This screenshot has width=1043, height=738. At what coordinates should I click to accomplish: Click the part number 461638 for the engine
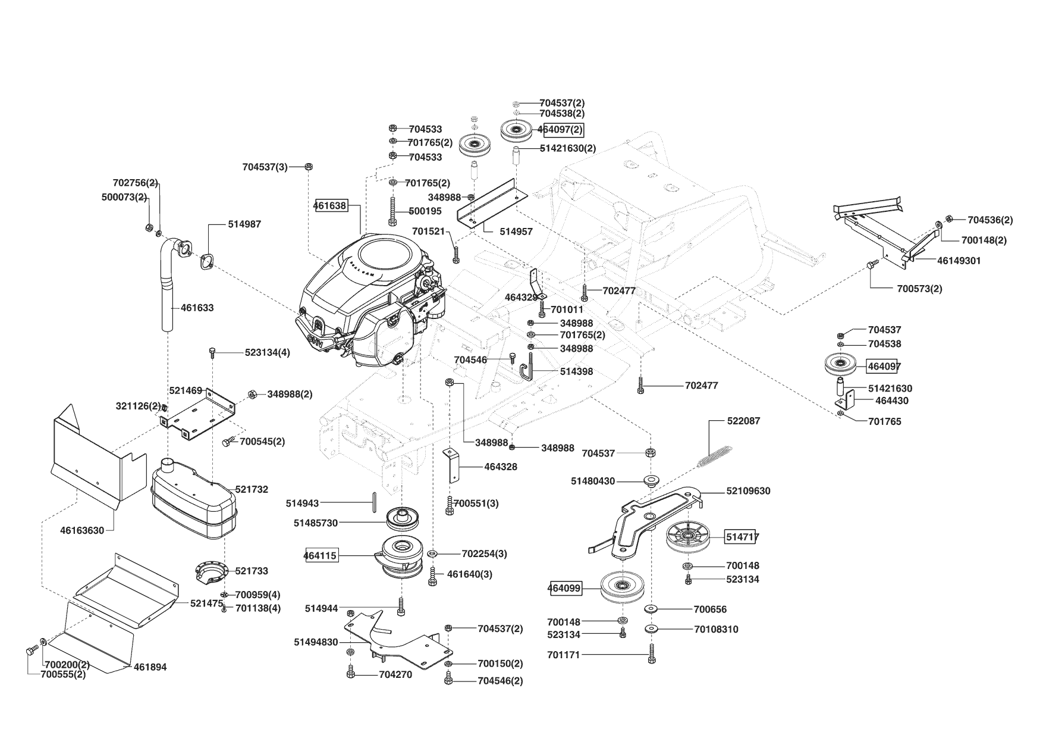[330, 206]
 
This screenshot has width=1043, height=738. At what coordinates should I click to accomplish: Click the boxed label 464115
[321, 556]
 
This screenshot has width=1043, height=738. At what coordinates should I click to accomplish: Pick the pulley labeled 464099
[622, 587]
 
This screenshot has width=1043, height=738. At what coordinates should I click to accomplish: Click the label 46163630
[82, 530]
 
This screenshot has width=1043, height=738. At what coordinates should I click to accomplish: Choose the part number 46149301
[959, 261]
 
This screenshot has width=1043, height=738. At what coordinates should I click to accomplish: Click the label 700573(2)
[919, 289]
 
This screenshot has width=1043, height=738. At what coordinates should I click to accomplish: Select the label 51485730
[316, 523]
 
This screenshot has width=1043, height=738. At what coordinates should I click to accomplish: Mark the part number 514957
[516, 232]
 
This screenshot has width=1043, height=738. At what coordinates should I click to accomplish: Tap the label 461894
[150, 667]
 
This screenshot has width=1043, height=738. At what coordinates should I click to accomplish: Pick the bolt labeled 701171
[652, 655]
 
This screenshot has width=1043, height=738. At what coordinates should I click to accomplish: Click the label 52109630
[748, 491]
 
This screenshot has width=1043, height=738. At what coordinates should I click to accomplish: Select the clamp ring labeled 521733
[212, 571]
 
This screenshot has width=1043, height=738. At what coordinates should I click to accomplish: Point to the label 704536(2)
[990, 220]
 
